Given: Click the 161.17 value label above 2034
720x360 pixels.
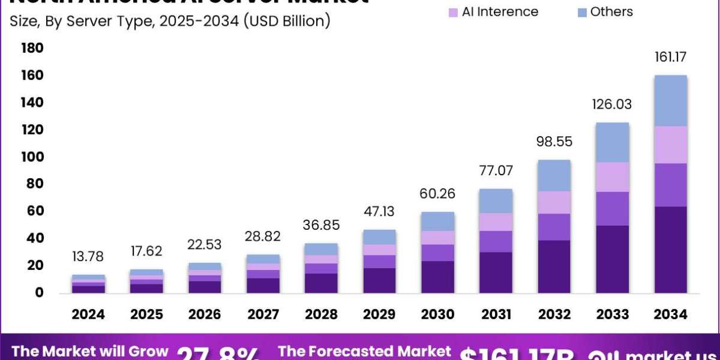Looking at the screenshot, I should tap(670, 58).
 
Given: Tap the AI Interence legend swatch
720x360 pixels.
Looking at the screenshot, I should tap(453, 12).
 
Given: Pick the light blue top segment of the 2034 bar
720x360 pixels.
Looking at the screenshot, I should tap(670, 101).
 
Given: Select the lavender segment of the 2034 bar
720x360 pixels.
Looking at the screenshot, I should tap(670, 145).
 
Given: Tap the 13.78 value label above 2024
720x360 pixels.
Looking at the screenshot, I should tap(88, 257).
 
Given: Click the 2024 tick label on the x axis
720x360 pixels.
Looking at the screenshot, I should tap(88, 314).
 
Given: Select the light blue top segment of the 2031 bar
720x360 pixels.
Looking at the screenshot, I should tap(496, 201).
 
